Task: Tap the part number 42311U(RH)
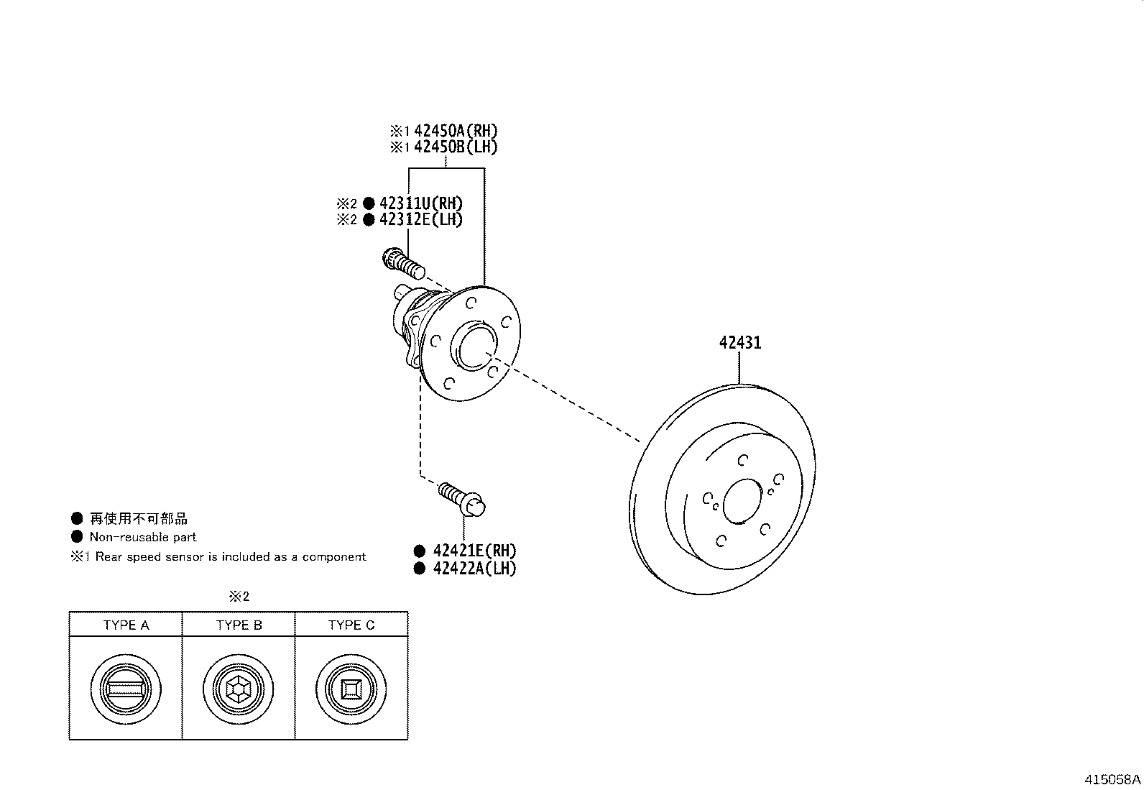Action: coord(420,203)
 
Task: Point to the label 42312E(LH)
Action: coord(420,220)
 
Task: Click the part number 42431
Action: coord(739,343)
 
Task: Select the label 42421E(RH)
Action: coord(474,551)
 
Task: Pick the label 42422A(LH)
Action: coord(474,569)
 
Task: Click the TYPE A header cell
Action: coord(126,625)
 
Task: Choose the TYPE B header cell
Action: coord(239,625)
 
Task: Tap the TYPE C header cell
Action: coord(351,625)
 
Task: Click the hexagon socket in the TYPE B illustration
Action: coord(238,689)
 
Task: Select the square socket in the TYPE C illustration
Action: coord(351,689)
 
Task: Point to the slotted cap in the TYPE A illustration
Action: coord(126,689)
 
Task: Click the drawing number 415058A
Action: coord(1112,779)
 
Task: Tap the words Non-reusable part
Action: coord(142,537)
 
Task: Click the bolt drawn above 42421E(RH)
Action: coord(462,497)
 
